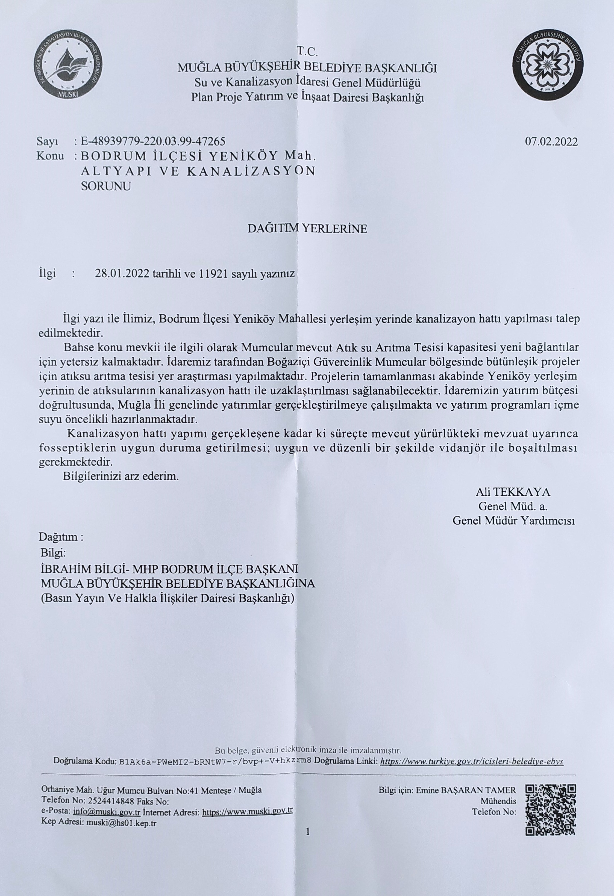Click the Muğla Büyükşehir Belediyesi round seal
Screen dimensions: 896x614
pos(548,69)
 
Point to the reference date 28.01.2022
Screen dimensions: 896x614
pos(122,274)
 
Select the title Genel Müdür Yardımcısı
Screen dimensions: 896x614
pos(514,521)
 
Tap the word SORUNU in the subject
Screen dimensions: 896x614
pos(106,186)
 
